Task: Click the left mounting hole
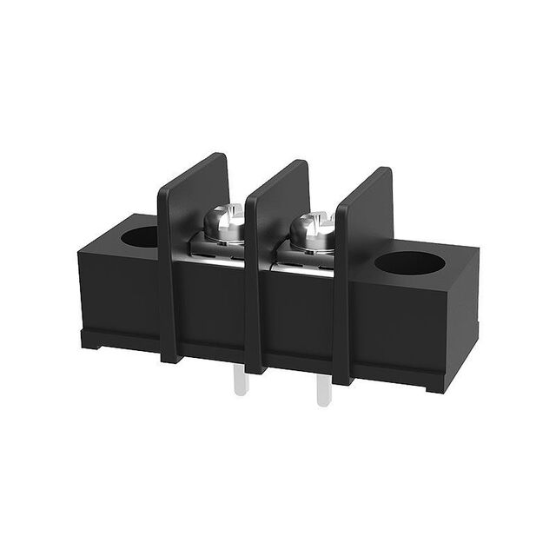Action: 141,235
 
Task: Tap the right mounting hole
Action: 409,262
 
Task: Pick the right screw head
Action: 313,230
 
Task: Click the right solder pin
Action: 322,391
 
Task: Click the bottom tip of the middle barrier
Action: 254,369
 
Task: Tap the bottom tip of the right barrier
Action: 341,380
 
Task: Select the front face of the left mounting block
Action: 117,291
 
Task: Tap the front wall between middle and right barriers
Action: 300,317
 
